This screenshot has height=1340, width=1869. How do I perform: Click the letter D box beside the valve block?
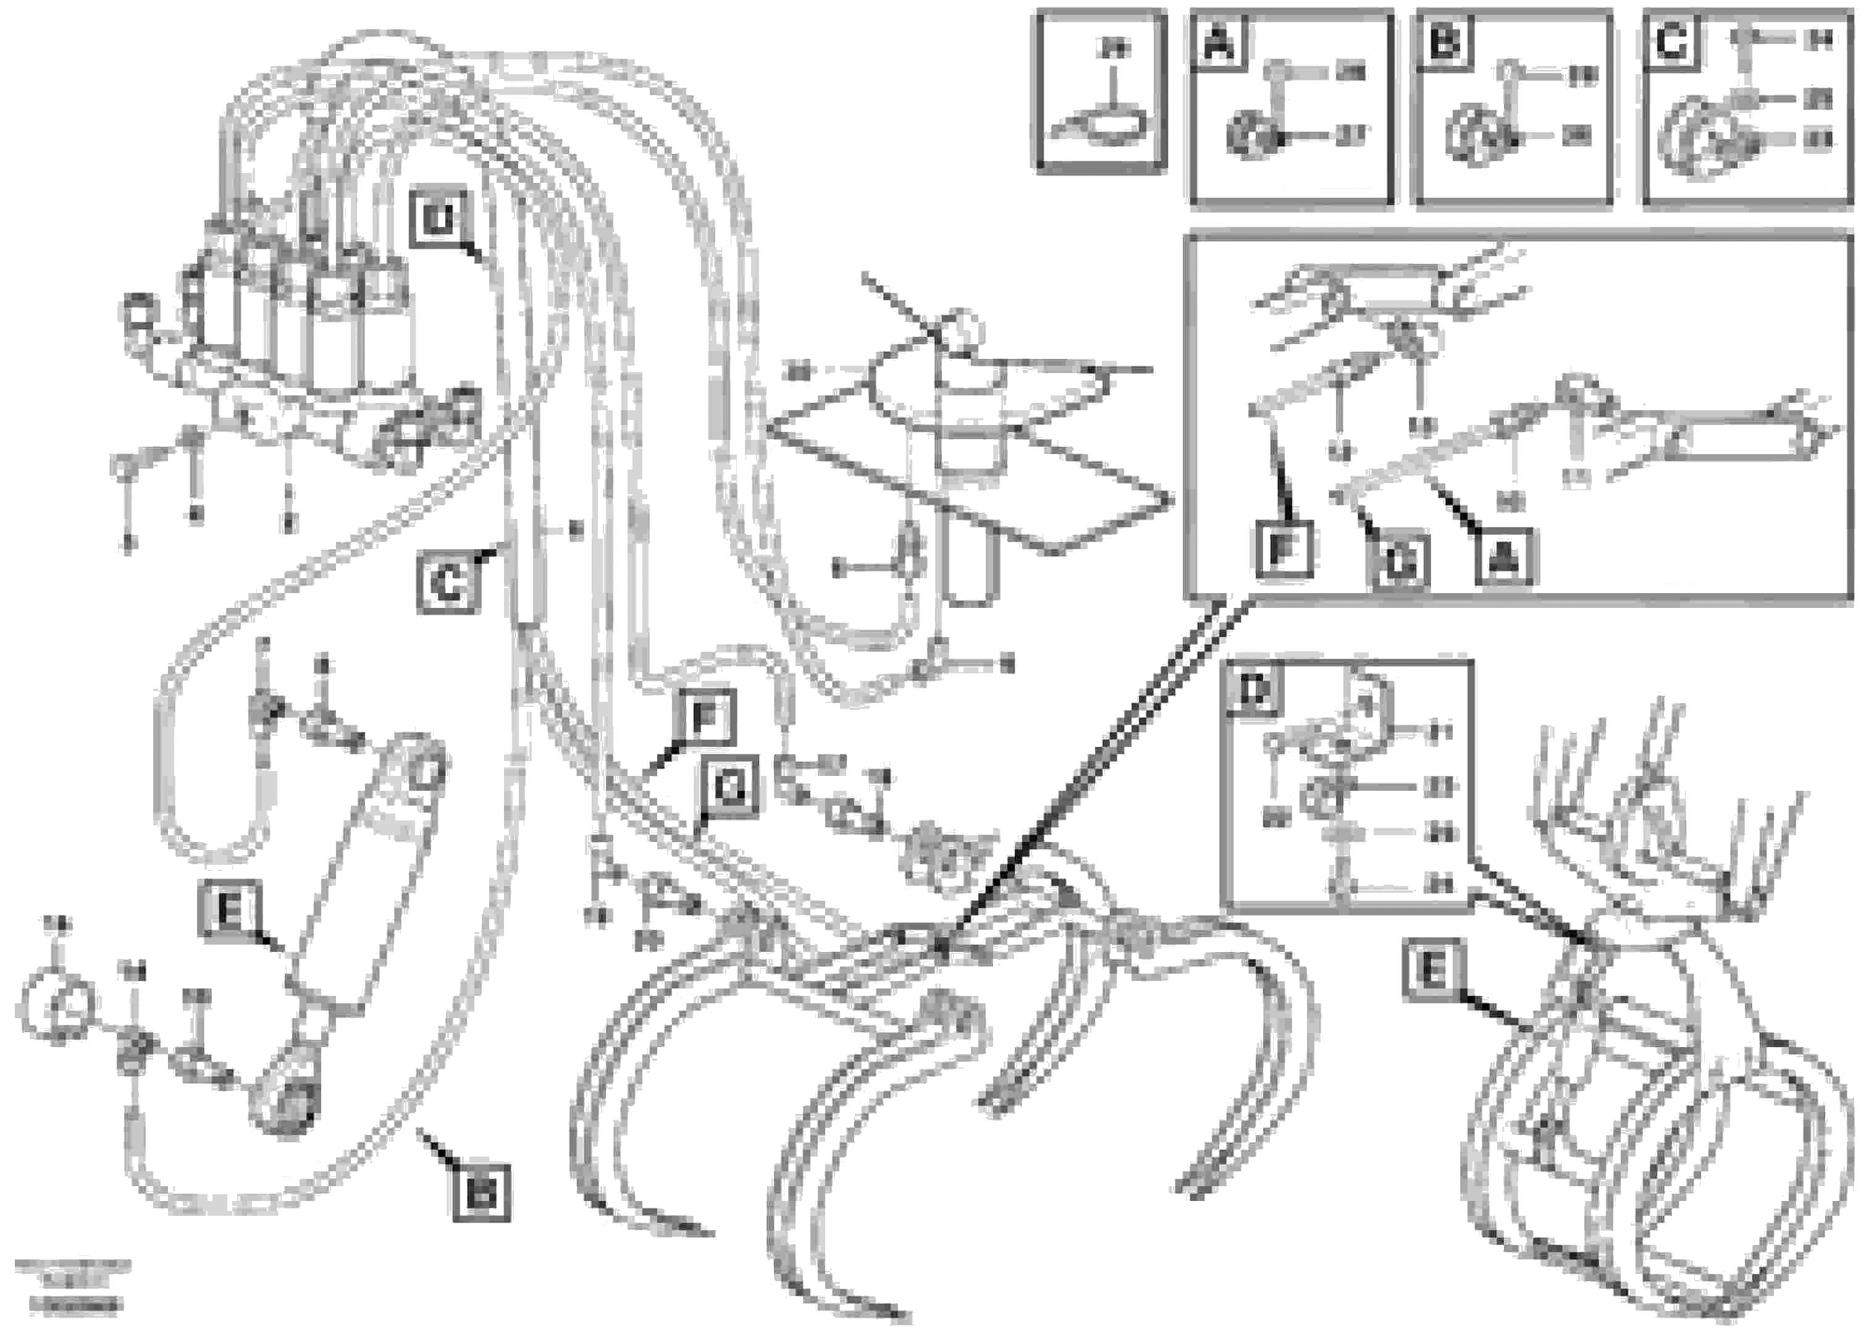pos(439,220)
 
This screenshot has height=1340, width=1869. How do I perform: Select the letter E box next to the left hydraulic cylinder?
pos(229,911)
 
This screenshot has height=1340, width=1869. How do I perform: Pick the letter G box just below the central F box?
pos(728,790)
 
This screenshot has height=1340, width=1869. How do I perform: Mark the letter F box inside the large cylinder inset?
pos(1282,550)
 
